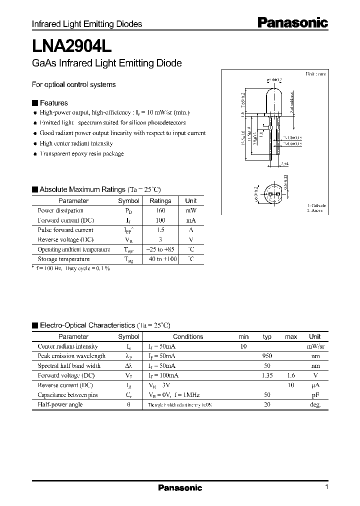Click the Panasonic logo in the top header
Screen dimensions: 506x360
[x=292, y=22]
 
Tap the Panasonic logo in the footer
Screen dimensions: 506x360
[x=180, y=487]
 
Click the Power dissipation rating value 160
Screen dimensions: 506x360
[x=160, y=210]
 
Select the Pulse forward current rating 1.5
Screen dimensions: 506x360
[x=160, y=230]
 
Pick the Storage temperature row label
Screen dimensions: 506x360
[x=63, y=259]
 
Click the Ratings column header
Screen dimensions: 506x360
[x=160, y=200]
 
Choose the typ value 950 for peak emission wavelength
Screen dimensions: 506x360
[x=267, y=356]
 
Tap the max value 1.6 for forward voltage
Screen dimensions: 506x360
[x=290, y=375]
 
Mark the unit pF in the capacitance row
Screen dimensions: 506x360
[x=314, y=395]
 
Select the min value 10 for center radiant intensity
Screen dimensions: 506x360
[x=243, y=346]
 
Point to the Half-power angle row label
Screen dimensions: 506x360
[x=60, y=404]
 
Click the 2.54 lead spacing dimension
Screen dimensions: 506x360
[x=284, y=163]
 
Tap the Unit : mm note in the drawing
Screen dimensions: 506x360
[x=316, y=73]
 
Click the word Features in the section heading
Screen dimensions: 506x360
[x=53, y=103]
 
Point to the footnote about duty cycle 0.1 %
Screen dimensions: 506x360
[x=71, y=268]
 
